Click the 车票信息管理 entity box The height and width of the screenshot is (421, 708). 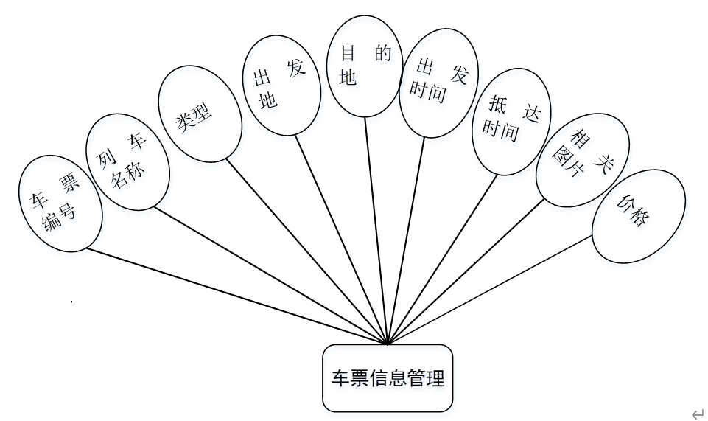coord(387,378)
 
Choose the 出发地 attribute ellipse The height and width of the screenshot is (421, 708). coord(282,86)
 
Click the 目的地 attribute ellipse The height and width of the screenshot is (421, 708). coord(365,66)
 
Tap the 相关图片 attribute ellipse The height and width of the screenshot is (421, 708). coord(582,160)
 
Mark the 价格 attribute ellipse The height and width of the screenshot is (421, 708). coord(639,215)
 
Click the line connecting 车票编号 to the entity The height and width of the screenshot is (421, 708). coord(236,295)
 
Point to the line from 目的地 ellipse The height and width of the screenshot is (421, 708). coord(376,229)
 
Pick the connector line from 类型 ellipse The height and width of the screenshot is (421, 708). coord(306,251)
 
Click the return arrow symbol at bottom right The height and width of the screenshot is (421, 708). coord(696,414)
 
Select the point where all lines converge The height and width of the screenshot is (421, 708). coord(388,344)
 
